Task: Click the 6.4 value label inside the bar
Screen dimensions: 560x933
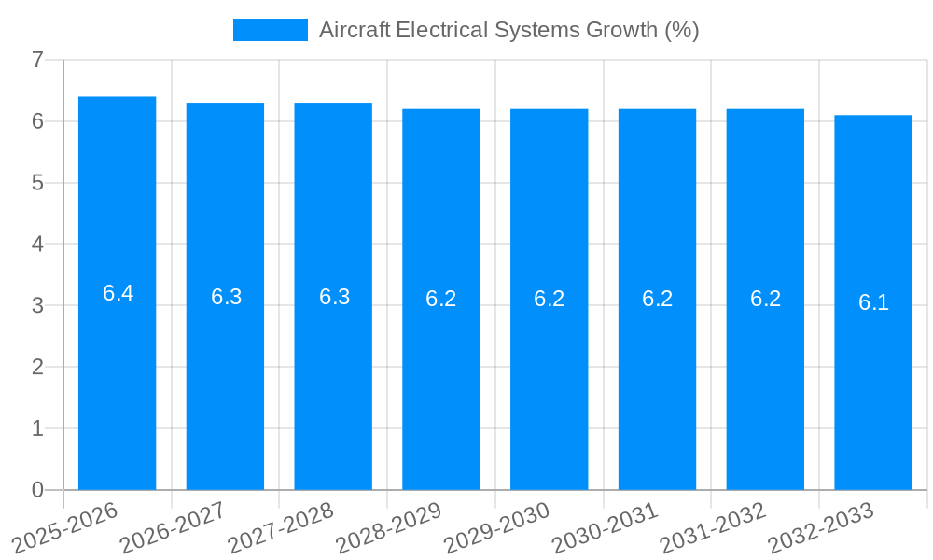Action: coord(118,293)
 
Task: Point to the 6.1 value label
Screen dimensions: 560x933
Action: coord(873,302)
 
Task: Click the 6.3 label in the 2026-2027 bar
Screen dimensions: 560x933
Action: coord(226,297)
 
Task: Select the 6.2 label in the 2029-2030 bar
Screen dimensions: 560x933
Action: coord(550,299)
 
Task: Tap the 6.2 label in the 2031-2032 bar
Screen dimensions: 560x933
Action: coord(765,299)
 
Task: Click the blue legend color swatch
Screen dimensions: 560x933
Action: coord(270,30)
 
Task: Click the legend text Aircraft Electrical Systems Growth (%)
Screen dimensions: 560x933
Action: coord(508,30)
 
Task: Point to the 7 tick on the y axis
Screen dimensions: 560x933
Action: coord(37,61)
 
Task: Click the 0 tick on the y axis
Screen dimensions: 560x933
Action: coord(37,490)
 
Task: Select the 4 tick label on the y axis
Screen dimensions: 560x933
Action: coord(37,245)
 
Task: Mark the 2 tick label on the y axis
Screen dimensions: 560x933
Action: coord(37,368)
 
